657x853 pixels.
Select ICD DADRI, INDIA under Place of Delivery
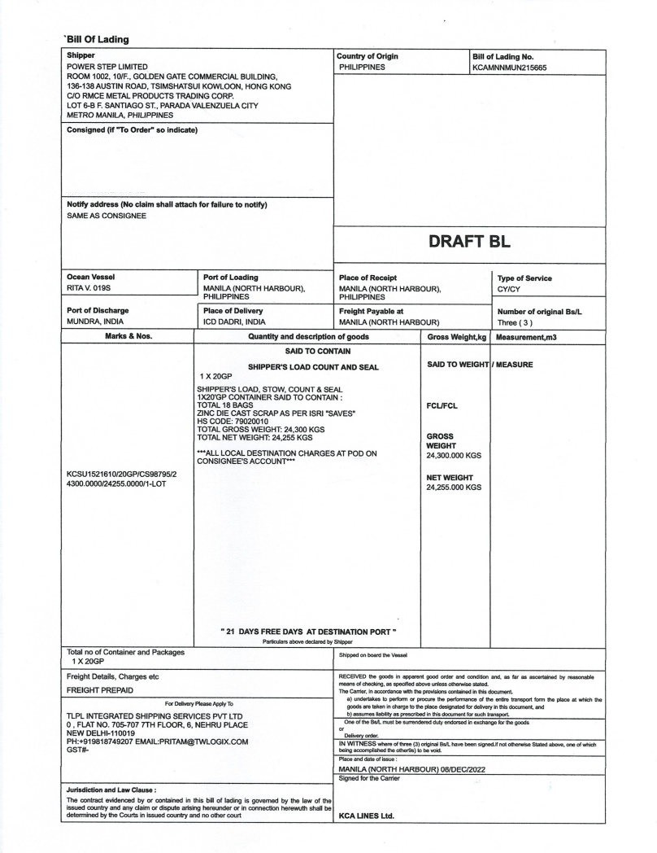(235, 322)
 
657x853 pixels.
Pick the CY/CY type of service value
(511, 288)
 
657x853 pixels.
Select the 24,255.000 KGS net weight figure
(454, 487)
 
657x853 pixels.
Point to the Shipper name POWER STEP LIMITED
(107, 67)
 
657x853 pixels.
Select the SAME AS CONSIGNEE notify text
(107, 216)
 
